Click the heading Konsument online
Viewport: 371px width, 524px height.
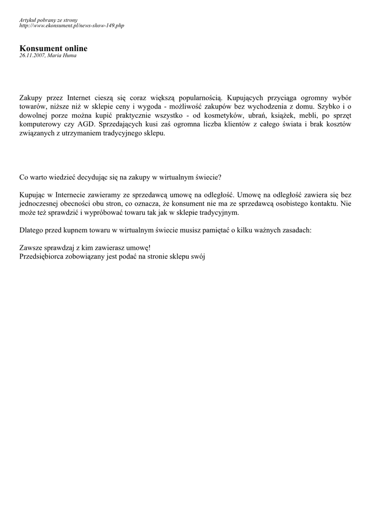point(53,49)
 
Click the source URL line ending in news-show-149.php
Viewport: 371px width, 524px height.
point(72,25)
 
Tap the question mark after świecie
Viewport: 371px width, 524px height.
point(220,177)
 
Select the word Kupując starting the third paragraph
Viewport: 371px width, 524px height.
point(33,195)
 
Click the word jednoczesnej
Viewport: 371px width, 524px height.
point(41,204)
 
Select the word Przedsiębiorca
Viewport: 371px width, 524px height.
point(43,257)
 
